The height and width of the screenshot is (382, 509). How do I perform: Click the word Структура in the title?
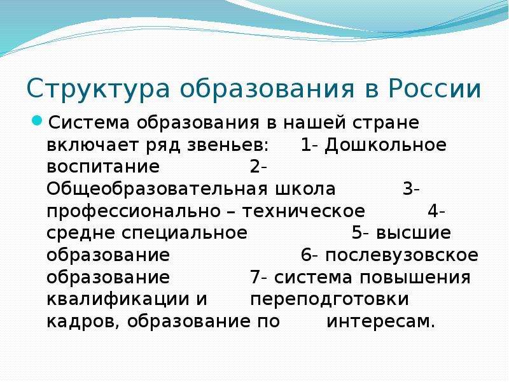coord(99,88)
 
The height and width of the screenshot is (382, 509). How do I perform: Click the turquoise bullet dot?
coord(37,121)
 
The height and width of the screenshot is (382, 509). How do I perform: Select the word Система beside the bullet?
coord(88,123)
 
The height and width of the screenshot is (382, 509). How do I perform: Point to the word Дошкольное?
coord(386,145)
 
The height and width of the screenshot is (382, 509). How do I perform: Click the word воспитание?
coord(103,167)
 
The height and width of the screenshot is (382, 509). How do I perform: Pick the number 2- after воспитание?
coord(258,167)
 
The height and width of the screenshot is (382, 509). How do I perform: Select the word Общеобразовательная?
coord(157,189)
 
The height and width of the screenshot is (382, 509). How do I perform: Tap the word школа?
coord(305,189)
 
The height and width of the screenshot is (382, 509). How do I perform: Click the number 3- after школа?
coord(411,188)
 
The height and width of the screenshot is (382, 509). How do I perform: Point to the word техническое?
coord(303,211)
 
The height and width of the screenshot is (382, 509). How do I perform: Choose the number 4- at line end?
coord(436,211)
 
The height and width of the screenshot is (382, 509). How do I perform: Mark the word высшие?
coord(414,233)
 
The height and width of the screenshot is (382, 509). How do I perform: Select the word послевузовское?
coord(402,255)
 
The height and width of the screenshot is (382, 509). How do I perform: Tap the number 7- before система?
coord(258,277)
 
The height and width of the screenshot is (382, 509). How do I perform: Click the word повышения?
coord(415,278)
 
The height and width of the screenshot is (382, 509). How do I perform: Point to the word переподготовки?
coord(330,299)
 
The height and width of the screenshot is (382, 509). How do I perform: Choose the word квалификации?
coord(118,299)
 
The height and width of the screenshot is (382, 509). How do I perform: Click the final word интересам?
coord(380,322)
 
